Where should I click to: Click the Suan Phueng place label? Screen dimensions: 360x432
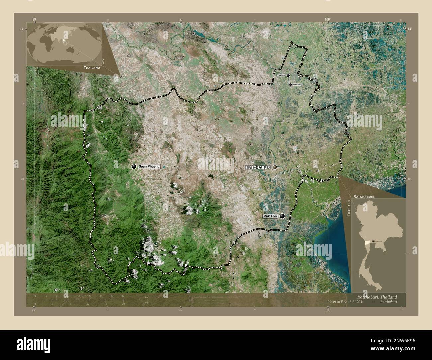149,166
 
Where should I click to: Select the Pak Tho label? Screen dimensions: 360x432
270,216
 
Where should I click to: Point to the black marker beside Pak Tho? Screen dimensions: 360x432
282,216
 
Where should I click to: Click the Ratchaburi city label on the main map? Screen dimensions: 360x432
258,167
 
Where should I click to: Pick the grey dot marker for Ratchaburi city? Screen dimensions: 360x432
275,168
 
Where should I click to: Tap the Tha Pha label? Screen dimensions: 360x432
281,76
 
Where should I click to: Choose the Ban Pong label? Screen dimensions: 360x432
298,85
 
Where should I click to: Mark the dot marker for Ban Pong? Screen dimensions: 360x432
290,85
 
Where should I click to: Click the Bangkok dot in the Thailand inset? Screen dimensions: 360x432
373,240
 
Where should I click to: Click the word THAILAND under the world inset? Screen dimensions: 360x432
92,68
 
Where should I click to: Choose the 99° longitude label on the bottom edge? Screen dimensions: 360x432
33,310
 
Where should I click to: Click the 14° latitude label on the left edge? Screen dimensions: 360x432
21,29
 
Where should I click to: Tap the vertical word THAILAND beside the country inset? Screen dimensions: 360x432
349,208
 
